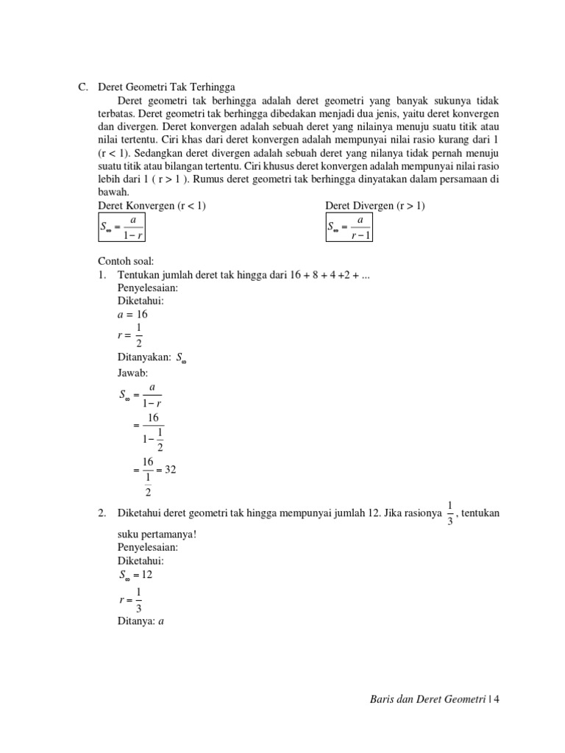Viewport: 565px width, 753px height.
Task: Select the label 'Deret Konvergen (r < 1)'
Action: tap(152, 206)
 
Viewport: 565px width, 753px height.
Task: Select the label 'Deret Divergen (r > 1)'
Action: tap(375, 206)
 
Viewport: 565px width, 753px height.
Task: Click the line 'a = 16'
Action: tap(133, 314)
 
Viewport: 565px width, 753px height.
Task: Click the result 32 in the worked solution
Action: tap(170, 469)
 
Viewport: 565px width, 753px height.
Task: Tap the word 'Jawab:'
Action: tap(133, 373)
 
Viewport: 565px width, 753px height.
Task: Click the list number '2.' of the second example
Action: tap(103, 513)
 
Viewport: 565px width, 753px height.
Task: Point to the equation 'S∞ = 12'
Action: tap(136, 574)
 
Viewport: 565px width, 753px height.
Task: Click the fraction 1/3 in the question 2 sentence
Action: tap(449, 513)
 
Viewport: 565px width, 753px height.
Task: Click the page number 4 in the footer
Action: tap(497, 699)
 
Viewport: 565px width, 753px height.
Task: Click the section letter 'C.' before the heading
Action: tap(83, 86)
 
